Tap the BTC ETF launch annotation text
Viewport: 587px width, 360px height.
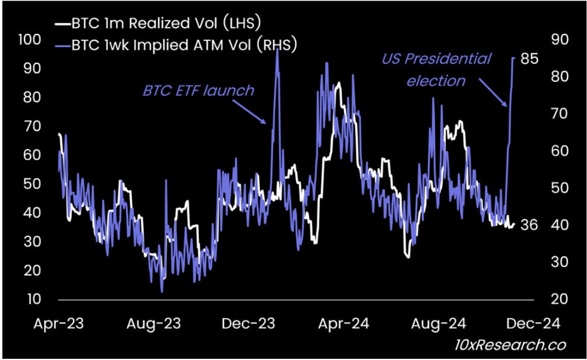coord(198,90)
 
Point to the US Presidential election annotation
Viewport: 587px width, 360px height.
coord(436,70)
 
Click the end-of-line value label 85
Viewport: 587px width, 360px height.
coord(529,59)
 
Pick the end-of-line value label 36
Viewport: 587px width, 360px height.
coord(529,225)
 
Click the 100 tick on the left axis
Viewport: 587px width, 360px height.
coord(31,40)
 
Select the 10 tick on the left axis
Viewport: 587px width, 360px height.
coord(33,299)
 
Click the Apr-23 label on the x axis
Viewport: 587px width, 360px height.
coord(59,323)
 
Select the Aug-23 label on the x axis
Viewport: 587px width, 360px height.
coord(154,323)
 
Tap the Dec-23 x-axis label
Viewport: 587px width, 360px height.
coord(249,323)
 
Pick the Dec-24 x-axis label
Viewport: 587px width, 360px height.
coord(533,323)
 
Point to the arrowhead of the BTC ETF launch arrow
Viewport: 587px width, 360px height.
coord(267,123)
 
